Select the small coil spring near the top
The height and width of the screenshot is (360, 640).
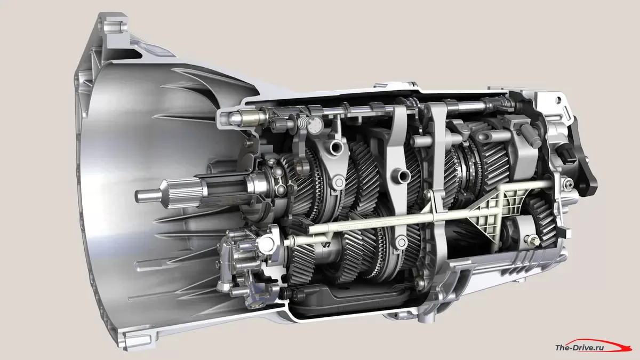[303, 123]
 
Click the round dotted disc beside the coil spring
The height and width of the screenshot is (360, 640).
[315, 125]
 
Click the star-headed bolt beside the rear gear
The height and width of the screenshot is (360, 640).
[532, 241]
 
